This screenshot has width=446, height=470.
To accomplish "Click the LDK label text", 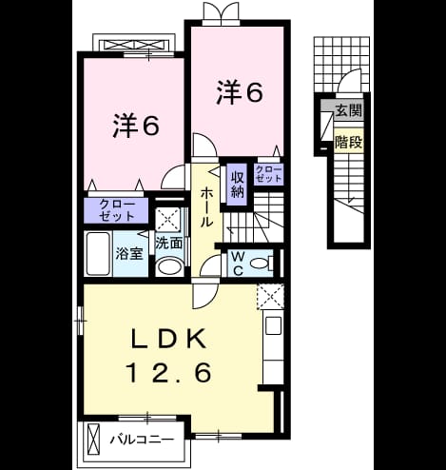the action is click(x=169, y=340).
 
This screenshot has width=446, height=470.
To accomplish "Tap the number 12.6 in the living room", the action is click(x=169, y=372).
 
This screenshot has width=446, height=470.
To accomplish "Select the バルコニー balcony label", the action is click(x=142, y=440).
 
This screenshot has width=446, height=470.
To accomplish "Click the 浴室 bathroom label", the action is click(x=129, y=253).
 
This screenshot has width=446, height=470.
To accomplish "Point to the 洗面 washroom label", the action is click(x=168, y=244).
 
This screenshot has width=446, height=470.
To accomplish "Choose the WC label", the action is click(x=238, y=264).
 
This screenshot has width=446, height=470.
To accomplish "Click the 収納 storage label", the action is click(x=238, y=186).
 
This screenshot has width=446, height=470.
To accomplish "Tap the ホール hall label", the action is click(x=205, y=206).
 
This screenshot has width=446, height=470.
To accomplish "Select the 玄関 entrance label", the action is click(x=349, y=110).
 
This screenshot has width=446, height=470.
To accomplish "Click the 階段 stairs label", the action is click(x=349, y=143).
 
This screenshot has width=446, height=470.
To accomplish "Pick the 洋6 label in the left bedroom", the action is click(x=135, y=126).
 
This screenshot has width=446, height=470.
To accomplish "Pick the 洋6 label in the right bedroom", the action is click(x=240, y=92).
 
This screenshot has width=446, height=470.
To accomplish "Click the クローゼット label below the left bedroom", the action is click(x=117, y=210).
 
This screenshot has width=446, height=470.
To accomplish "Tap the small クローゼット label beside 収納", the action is click(x=268, y=174).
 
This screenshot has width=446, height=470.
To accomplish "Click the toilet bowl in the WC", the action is click(x=261, y=263).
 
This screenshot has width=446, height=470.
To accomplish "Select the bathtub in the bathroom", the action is click(x=98, y=254).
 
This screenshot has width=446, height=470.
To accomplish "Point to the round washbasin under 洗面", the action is click(x=168, y=266).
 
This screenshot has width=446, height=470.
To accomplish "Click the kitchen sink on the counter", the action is click(x=274, y=325).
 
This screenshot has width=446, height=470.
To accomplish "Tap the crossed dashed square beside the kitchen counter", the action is click(x=270, y=297).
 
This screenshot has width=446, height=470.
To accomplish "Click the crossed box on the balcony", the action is click(x=93, y=440).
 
